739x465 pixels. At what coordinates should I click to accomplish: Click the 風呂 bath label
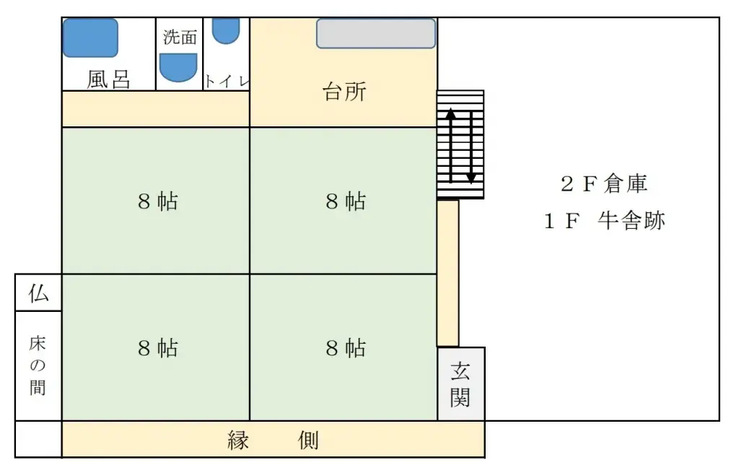(108, 79)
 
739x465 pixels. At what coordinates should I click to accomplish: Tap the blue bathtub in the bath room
(90, 38)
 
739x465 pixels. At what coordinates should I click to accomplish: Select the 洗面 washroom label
(180, 38)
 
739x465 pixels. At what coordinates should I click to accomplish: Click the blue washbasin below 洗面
(178, 68)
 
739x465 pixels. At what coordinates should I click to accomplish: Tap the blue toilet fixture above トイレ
(226, 30)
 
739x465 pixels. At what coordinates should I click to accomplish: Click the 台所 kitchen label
(344, 92)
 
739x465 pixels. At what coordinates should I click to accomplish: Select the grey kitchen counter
(376, 33)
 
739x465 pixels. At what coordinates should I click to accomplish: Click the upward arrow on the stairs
(450, 144)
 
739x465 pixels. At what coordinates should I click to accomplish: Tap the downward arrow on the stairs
(471, 144)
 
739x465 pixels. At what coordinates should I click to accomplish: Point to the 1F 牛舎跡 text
(603, 221)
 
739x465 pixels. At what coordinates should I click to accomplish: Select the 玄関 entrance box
(460, 384)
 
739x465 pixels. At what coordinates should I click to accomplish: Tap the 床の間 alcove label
(38, 365)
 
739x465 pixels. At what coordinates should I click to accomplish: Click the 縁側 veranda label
(273, 440)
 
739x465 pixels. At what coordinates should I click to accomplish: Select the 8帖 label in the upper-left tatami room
(157, 201)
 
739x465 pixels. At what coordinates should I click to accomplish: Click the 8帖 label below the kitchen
(345, 201)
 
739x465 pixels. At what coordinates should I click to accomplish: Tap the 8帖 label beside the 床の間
(157, 348)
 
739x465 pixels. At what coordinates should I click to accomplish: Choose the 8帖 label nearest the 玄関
(345, 348)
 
